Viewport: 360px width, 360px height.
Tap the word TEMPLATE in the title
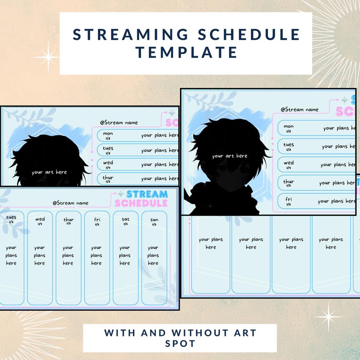click(x=186, y=53)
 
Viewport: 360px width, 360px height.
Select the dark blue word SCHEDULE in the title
click(x=245, y=34)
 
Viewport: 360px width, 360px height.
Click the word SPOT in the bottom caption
click(x=180, y=344)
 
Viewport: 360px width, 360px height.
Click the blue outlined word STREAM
click(x=147, y=194)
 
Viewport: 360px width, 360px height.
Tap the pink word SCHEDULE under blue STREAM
click(x=141, y=204)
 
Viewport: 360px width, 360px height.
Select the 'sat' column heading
click(x=126, y=220)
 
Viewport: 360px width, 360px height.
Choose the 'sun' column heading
click(x=154, y=220)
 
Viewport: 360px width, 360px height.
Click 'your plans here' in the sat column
click(x=125, y=255)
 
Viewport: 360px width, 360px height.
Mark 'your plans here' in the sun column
click(x=153, y=255)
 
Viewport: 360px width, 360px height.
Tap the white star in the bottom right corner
click(x=327, y=314)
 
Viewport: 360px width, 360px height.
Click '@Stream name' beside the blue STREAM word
click(x=70, y=203)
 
